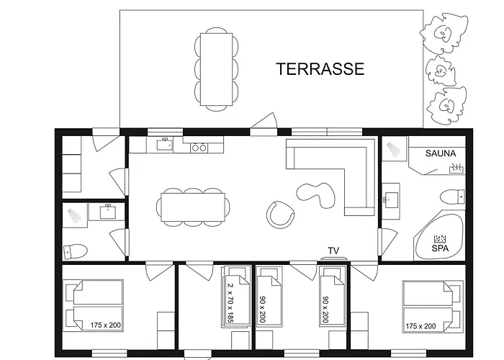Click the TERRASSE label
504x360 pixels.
pyautogui.click(x=320, y=69)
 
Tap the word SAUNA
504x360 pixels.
pyautogui.click(x=441, y=153)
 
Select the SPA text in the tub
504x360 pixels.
pyautogui.click(x=440, y=248)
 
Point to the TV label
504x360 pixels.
pyautogui.click(x=333, y=251)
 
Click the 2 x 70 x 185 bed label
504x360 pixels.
pyautogui.click(x=230, y=302)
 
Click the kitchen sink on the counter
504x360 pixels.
pyautogui.click(x=165, y=144)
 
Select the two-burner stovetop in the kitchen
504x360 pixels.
pyautogui.click(x=199, y=148)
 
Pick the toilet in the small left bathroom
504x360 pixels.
pyautogui.click(x=76, y=251)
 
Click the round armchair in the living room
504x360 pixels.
pyautogui.click(x=280, y=215)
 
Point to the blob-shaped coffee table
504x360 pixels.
pyautogui.click(x=315, y=194)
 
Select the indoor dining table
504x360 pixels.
pyautogui.click(x=193, y=207)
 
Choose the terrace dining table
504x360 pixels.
pyautogui.click(x=216, y=69)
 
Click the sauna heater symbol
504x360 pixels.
pyautogui.click(x=456, y=168)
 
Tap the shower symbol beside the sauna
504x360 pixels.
pyautogui.click(x=394, y=148)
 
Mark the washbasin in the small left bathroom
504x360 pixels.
pyautogui.click(x=108, y=212)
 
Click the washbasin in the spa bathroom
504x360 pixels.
pyautogui.click(x=390, y=199)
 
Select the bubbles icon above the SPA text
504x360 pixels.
pyautogui.click(x=440, y=239)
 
